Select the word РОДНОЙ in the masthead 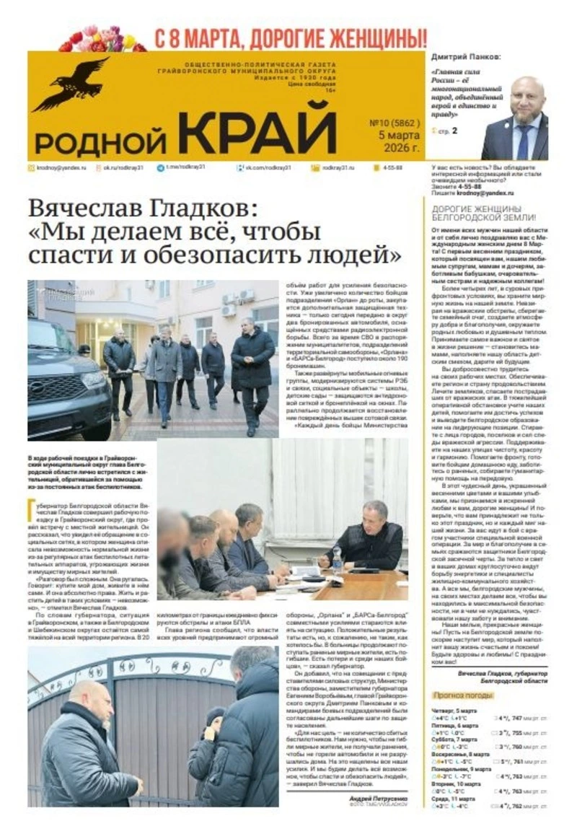101,139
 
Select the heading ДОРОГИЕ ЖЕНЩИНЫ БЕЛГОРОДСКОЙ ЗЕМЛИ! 483,212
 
